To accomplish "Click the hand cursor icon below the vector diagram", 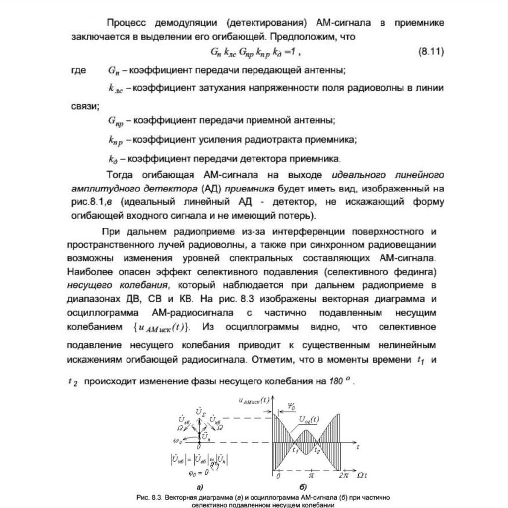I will click(212, 462).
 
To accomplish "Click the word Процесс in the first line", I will click(124, 23).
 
